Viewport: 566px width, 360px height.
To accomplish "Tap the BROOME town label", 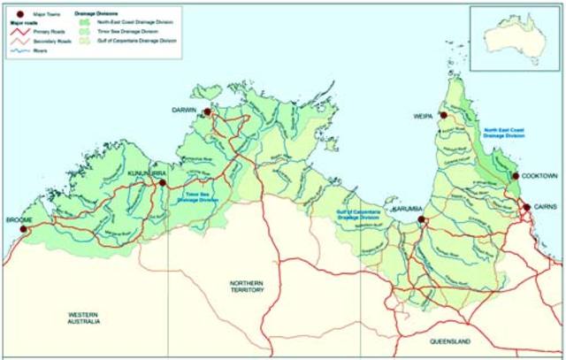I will pos(19,218).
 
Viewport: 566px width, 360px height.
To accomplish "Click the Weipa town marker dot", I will pos(441,113).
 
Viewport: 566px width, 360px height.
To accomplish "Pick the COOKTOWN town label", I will pos(536,176).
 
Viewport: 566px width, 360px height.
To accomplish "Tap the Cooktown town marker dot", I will pos(515,177).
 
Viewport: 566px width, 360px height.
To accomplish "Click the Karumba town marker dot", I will pos(422,218).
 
